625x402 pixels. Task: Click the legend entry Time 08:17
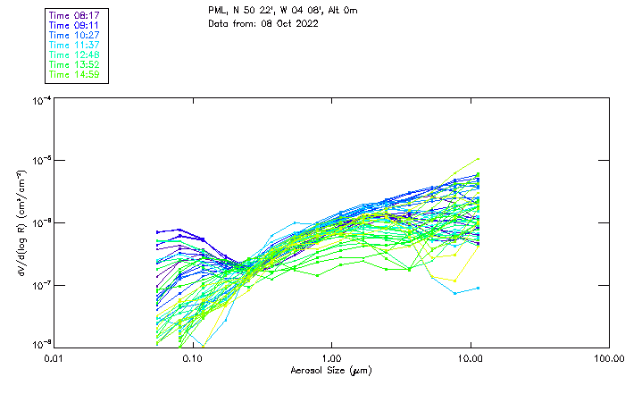[x=75, y=14]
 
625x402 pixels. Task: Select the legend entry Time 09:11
[x=75, y=24]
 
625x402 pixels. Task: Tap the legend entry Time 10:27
[x=75, y=34]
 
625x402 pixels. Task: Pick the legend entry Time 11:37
[x=75, y=44]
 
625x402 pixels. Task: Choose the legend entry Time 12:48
[x=75, y=54]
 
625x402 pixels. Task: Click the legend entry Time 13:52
[x=75, y=64]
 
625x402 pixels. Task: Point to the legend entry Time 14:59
[x=75, y=74]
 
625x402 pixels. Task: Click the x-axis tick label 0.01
[x=54, y=358]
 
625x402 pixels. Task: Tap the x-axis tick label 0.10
[x=193, y=358]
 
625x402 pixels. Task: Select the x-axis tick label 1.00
[x=331, y=358]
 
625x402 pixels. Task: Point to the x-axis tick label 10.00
[x=471, y=358]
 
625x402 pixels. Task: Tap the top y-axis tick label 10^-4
[x=41, y=101]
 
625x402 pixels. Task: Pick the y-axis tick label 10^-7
[x=41, y=284]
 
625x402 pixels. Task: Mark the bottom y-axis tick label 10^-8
[x=41, y=344]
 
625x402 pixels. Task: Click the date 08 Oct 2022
[x=290, y=22]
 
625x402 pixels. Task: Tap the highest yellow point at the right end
[x=478, y=159]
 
